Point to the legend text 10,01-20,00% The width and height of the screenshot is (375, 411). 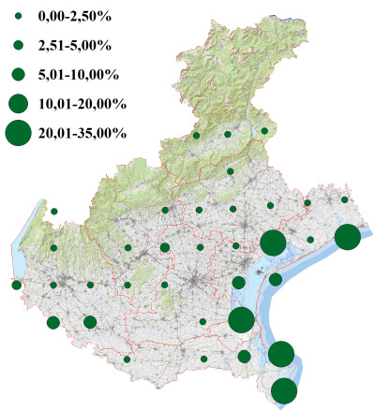pyautogui.click(x=80, y=103)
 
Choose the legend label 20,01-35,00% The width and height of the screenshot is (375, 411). pyautogui.click(x=80, y=134)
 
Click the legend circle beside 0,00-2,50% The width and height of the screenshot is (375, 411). pyautogui.click(x=18, y=16)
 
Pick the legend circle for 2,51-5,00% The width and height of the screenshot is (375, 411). pyautogui.click(x=18, y=44)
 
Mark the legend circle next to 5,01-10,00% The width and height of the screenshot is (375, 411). pyautogui.click(x=18, y=73)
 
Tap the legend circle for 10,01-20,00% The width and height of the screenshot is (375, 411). pyautogui.click(x=18, y=103)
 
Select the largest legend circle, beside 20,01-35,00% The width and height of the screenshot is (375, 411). pyautogui.click(x=18, y=134)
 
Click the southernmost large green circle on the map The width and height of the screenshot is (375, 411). pyautogui.click(x=284, y=390)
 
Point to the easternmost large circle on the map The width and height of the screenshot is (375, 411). pyautogui.click(x=347, y=237)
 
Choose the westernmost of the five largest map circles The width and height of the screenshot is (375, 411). pyautogui.click(x=241, y=319)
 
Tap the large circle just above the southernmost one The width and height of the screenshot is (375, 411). pyautogui.click(x=281, y=354)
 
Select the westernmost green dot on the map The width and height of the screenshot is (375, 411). pyautogui.click(x=16, y=285)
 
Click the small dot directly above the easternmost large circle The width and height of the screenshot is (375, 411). pyautogui.click(x=345, y=199)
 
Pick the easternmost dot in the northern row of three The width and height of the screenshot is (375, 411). pyautogui.click(x=264, y=131)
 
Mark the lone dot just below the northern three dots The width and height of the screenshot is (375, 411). pyautogui.click(x=230, y=171)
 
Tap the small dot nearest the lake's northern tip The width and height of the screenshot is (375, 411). pyautogui.click(x=54, y=212)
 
